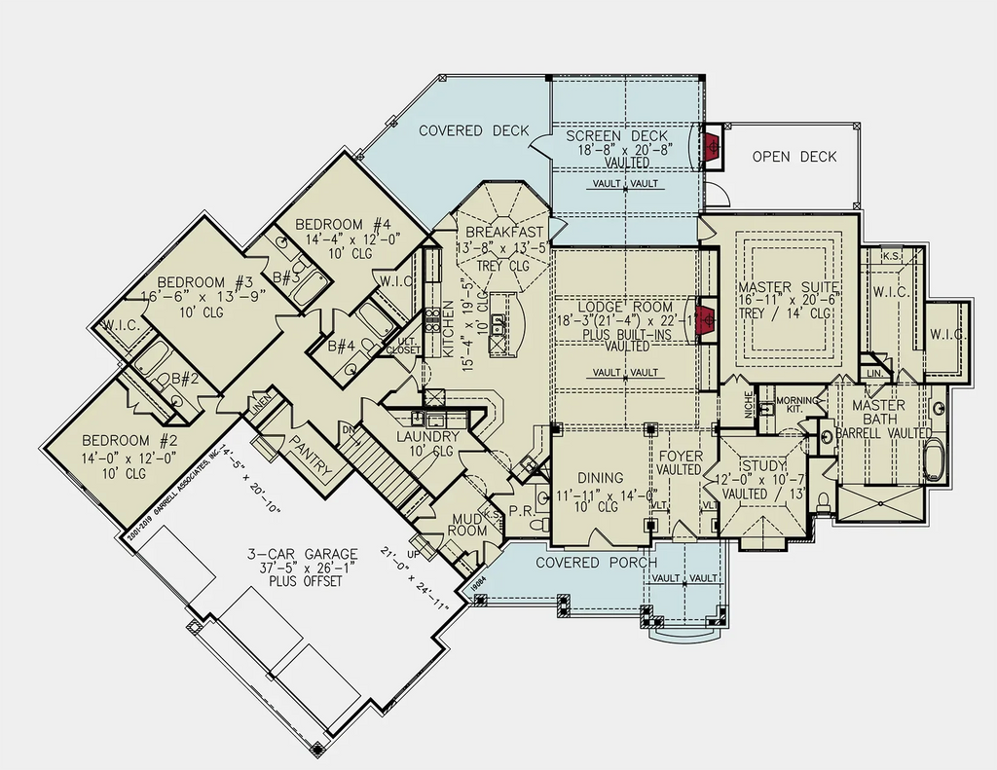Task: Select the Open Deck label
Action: click(x=794, y=157)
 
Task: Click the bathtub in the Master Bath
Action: click(x=933, y=459)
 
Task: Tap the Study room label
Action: click(x=763, y=465)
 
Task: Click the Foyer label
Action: click(x=679, y=456)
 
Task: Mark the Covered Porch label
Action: click(x=596, y=563)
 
